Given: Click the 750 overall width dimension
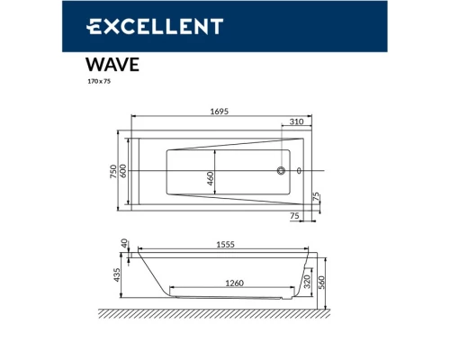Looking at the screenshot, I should tap(114, 172).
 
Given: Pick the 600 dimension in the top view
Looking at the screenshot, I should tap(125, 172).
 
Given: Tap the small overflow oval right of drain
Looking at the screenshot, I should tap(299, 171).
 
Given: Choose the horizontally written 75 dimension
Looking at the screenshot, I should tap(294, 216).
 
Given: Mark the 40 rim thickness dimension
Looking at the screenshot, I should tap(125, 245).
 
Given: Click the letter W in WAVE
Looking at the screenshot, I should tap(95, 65).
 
